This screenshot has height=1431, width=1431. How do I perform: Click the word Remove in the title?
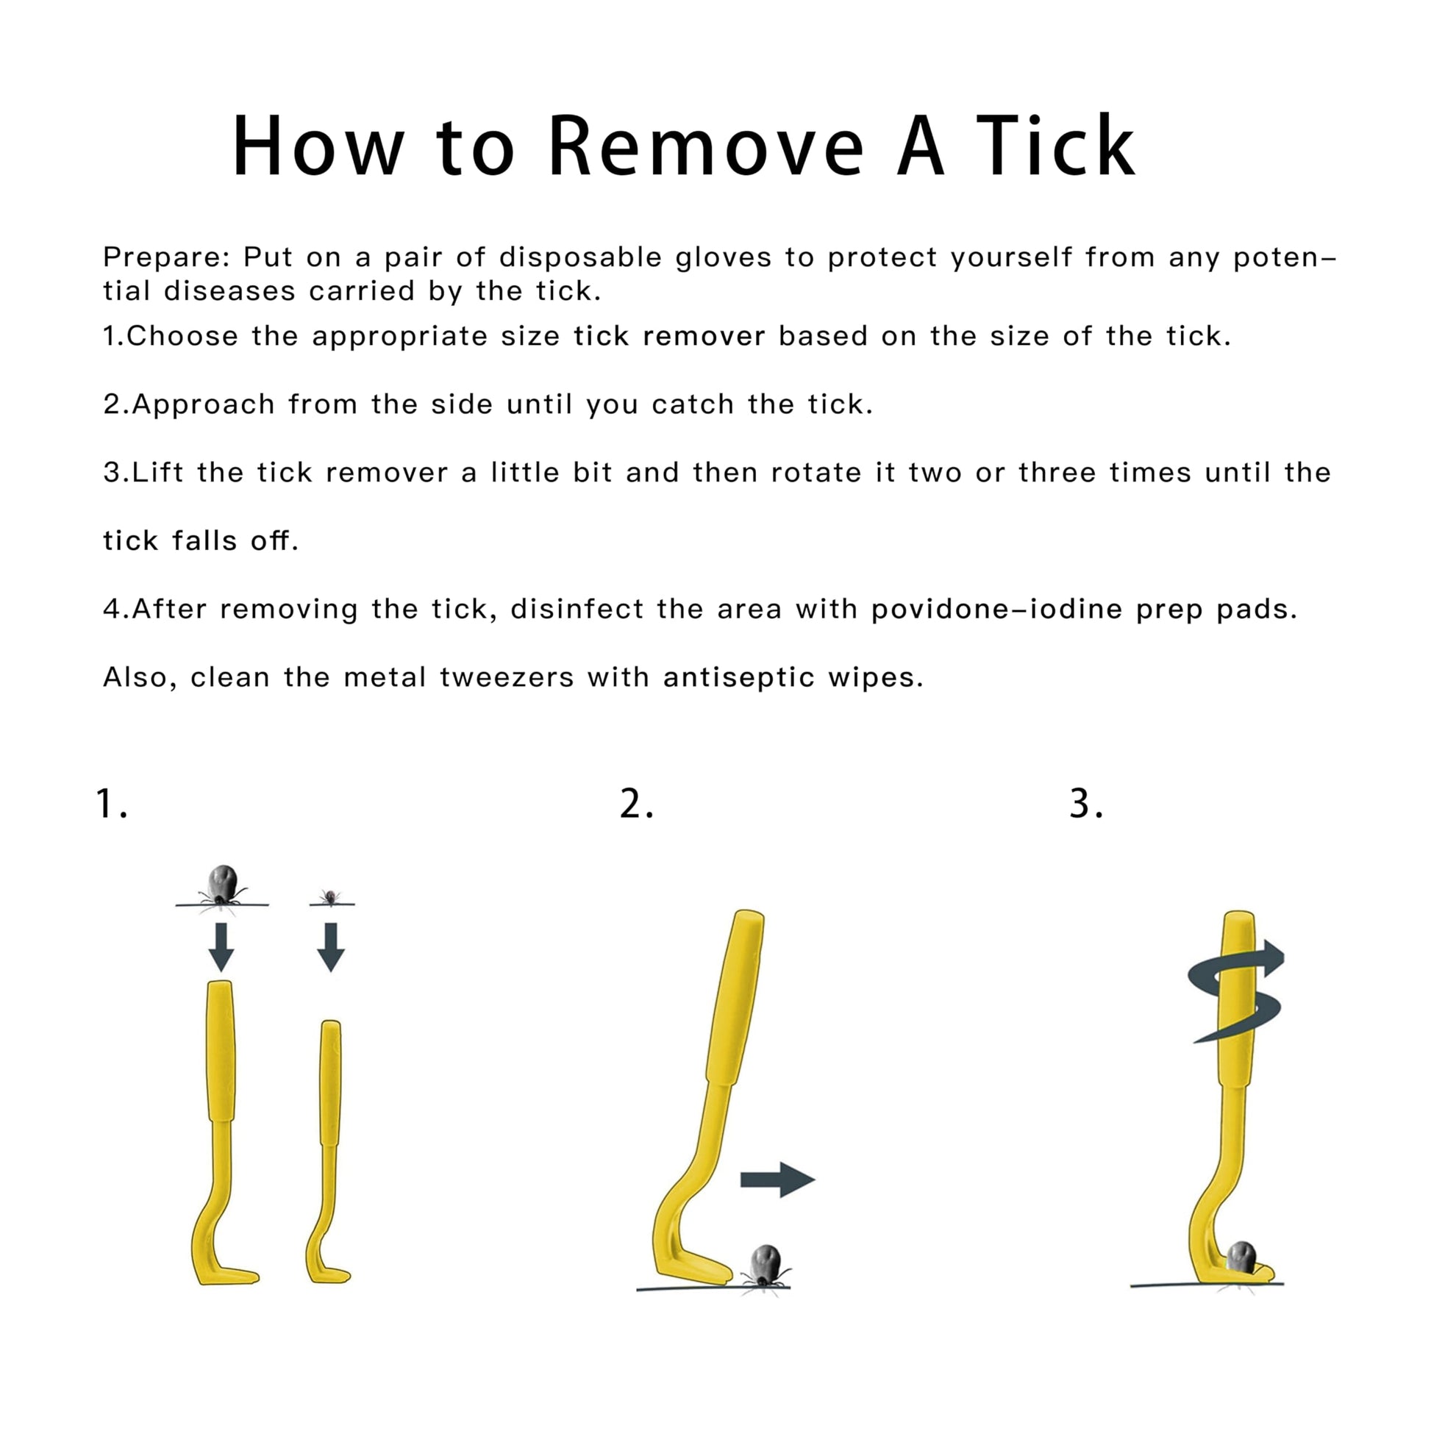click(707, 146)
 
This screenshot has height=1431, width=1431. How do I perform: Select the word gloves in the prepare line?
click(723, 257)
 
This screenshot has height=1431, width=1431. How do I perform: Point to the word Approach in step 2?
click(204, 405)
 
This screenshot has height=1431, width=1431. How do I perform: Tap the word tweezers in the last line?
click(507, 678)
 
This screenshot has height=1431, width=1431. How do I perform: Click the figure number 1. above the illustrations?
click(112, 804)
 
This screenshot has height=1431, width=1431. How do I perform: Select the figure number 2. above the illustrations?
click(636, 804)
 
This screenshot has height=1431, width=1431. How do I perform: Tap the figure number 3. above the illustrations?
click(1087, 804)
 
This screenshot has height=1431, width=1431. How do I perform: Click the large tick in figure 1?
click(222, 886)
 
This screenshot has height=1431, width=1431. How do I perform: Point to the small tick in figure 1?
click(331, 898)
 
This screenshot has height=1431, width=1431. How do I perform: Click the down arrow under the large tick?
click(221, 946)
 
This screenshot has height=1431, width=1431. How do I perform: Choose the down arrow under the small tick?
click(331, 946)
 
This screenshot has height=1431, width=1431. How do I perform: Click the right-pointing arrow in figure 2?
click(778, 1180)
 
